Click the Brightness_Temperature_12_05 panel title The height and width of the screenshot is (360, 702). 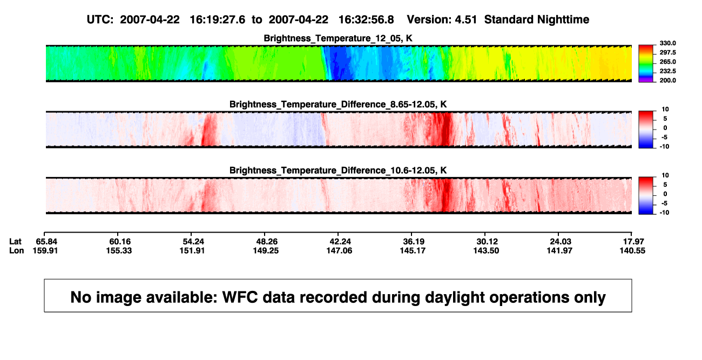tap(338, 38)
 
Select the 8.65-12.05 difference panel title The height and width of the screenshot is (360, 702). tap(338, 104)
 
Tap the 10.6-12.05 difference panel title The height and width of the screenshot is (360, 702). tap(338, 171)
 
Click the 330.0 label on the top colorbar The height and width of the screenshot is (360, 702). tap(667, 43)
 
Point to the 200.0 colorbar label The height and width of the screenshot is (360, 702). tap(667, 80)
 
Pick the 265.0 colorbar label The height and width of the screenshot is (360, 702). tap(667, 62)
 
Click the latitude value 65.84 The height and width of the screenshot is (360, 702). tap(46, 242)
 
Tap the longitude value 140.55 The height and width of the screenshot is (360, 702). tap(632, 250)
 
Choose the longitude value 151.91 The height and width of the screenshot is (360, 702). tap(192, 250)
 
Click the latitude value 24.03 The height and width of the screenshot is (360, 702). tap(561, 242)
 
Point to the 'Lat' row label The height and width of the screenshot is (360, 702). tap(15, 242)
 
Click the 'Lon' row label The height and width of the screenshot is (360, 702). tap(17, 250)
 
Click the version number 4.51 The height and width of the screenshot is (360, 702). tap(465, 20)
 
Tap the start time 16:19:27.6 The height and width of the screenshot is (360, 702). tap(218, 20)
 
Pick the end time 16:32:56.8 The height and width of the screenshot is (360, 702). tap(366, 20)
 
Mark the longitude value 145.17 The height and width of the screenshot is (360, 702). tap(413, 250)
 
